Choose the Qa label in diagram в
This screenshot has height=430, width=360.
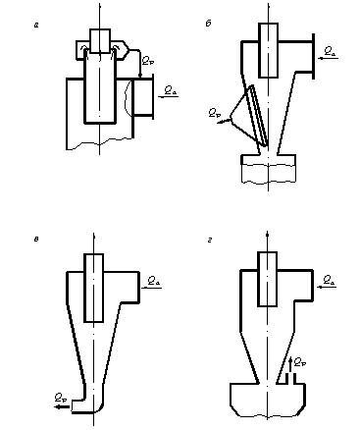pyautogui.click(x=154, y=281)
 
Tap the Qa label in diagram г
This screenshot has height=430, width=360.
pyautogui.click(x=328, y=282)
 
